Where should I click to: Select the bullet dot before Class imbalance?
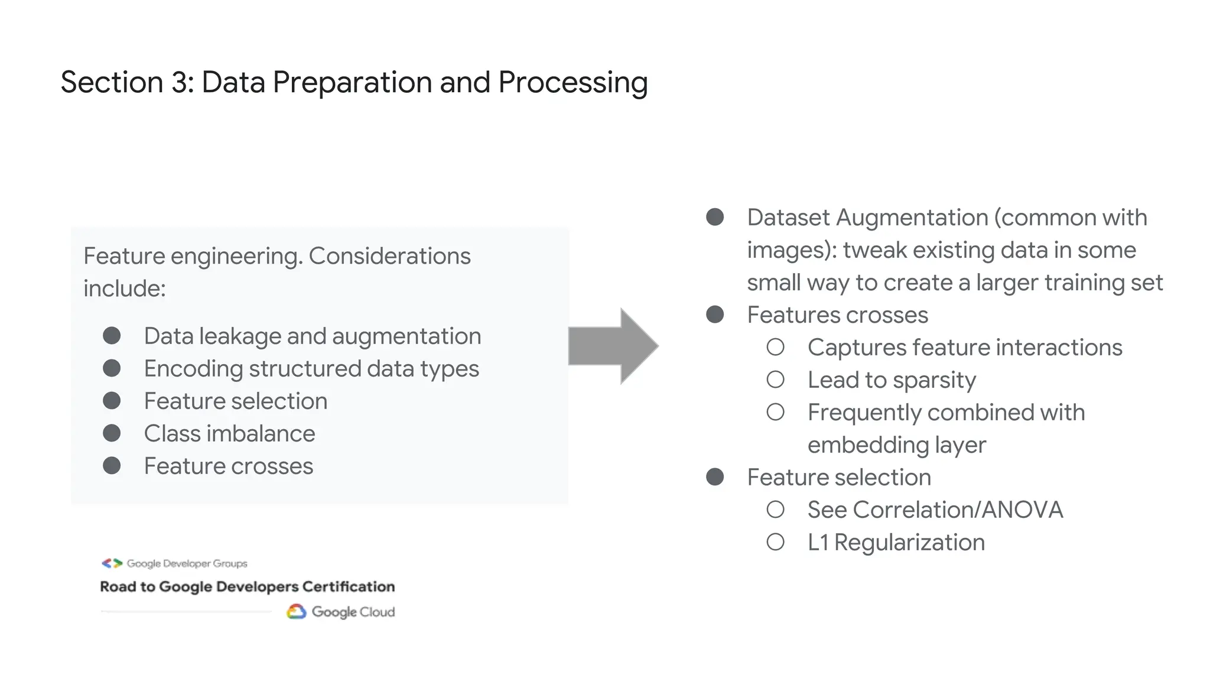pyautogui.click(x=112, y=433)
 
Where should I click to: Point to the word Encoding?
pyautogui.click(x=193, y=369)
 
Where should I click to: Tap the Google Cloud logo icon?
pyautogui.click(x=297, y=612)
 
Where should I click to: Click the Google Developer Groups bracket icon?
pyautogui.click(x=112, y=563)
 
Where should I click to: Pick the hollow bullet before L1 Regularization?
pyautogui.click(x=775, y=542)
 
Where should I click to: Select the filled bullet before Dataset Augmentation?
pyautogui.click(x=715, y=217)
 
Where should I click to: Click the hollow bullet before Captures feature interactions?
pyautogui.click(x=775, y=347)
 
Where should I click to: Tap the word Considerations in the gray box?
pyautogui.click(x=389, y=256)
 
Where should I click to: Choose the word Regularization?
pyautogui.click(x=910, y=543)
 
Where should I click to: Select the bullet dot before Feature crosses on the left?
pyautogui.click(x=112, y=466)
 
